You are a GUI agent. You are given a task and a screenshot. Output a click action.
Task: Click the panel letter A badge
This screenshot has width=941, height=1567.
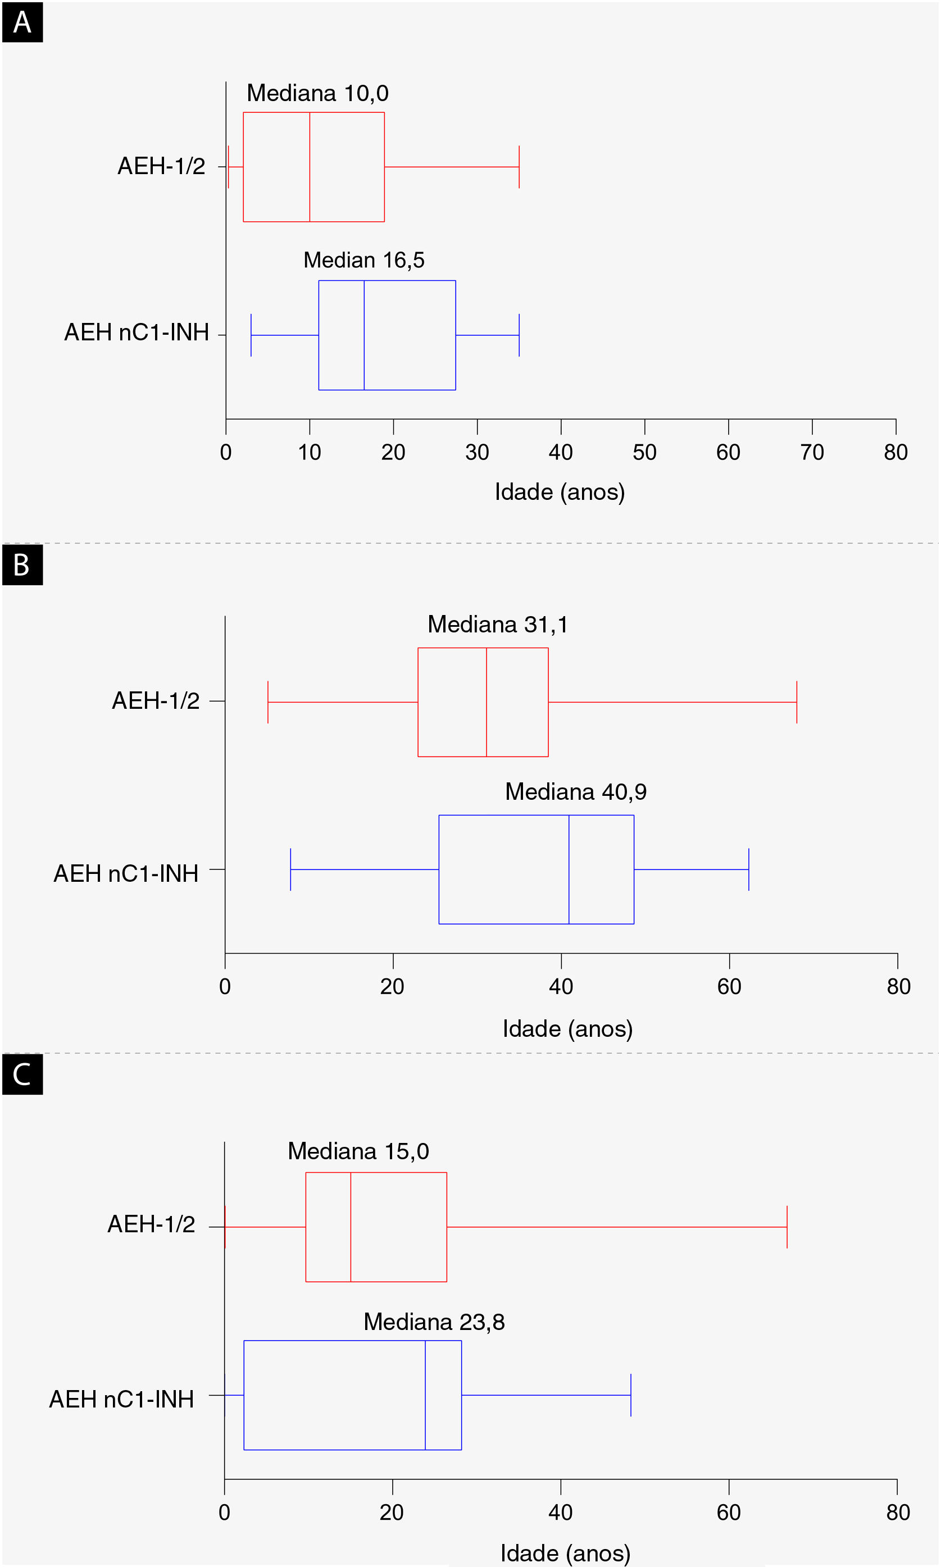22,22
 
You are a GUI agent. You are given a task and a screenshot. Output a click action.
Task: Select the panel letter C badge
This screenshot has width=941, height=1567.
22,1074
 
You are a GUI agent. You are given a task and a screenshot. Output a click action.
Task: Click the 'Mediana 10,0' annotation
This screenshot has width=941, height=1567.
317,93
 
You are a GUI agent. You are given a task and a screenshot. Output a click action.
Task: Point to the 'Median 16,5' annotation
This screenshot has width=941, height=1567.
363,260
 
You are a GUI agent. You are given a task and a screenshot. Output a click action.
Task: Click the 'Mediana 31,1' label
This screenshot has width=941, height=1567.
497,625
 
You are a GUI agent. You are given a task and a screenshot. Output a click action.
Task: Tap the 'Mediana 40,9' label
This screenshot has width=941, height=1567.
575,792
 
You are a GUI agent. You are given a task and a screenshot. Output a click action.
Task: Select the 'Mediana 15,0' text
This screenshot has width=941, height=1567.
358,1151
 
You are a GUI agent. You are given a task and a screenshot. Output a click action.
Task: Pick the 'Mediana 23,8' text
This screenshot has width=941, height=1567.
434,1322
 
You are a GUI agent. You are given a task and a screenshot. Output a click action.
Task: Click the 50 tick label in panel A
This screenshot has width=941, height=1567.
644,452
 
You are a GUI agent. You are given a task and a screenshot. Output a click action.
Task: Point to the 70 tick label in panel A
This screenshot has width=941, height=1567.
812,452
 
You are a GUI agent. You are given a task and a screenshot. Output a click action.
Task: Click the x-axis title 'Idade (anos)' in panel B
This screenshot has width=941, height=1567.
567,1028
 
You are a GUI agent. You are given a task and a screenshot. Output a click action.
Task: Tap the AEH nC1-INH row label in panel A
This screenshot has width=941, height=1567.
137,332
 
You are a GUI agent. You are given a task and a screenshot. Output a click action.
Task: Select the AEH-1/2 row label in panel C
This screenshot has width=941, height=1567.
151,1224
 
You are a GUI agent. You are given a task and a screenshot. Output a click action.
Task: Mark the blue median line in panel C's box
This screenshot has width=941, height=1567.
425,1395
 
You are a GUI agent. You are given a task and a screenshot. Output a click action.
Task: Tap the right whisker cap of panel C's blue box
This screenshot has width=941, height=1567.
631,1395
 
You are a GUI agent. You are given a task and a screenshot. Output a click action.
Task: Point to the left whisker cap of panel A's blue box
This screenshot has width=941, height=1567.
251,335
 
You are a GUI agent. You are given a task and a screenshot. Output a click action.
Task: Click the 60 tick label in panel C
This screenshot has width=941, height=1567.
729,1513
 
